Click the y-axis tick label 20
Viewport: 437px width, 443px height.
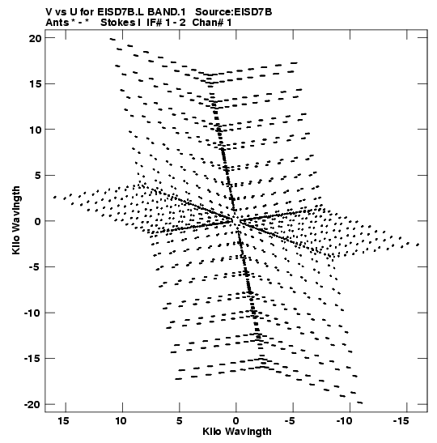coord(35,38)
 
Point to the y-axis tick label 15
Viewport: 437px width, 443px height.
coord(35,84)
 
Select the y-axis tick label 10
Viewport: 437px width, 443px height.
coord(35,130)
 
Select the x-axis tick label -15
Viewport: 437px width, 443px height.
coord(401,421)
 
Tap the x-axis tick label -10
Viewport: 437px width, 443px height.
coord(345,421)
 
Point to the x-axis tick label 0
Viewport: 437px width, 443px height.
coord(235,421)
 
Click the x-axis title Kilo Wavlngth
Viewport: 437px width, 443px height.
coord(237,432)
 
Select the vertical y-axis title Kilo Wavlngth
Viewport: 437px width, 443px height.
coord(16,220)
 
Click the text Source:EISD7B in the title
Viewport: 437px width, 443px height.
coord(233,12)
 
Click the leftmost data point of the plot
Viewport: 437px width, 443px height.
coord(55,197)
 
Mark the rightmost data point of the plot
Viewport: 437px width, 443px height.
coord(418,245)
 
